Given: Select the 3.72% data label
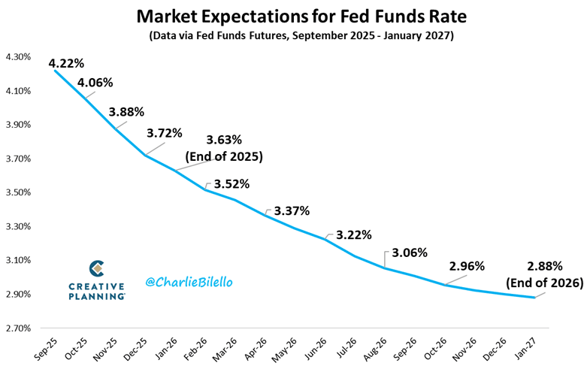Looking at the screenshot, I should [x=165, y=134].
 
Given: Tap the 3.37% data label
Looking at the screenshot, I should [x=292, y=210].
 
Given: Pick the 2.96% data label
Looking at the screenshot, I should [x=467, y=265].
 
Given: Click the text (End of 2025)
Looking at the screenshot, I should [x=223, y=157].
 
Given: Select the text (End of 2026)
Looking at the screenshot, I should [x=544, y=283].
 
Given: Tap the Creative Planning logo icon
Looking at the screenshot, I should [x=96, y=268].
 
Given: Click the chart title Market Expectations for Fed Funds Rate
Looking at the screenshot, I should [x=293, y=15].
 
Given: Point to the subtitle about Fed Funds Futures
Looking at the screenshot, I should [x=293, y=35].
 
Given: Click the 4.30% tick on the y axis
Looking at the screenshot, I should [x=18, y=57].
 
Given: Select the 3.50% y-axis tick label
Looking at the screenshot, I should [x=18, y=192].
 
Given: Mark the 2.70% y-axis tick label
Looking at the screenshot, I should [x=18, y=328].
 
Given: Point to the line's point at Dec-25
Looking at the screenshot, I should [x=146, y=155].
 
